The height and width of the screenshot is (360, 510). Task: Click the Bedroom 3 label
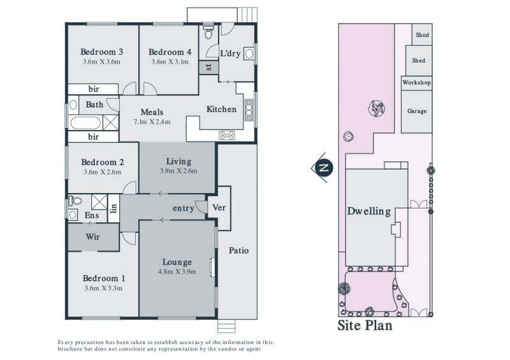(x=101, y=52)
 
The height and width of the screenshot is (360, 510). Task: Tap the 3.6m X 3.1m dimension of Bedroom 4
(x=170, y=62)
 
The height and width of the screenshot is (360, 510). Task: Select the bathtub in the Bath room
(x=85, y=123)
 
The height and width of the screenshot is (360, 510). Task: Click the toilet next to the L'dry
(x=208, y=31)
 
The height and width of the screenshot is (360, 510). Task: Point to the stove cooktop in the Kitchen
(x=227, y=135)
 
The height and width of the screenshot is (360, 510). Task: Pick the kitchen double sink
(x=249, y=110)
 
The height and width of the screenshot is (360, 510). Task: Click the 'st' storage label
(x=208, y=68)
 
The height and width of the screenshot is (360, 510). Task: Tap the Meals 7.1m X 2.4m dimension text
(x=152, y=122)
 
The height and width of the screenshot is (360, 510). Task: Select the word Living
(x=178, y=161)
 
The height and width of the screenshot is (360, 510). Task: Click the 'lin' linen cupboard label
(x=113, y=208)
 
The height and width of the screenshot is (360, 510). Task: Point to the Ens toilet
(x=75, y=200)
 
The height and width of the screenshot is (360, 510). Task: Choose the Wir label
(x=92, y=236)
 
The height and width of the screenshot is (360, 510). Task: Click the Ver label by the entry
(x=219, y=208)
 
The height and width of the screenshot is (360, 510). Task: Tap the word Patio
(x=238, y=250)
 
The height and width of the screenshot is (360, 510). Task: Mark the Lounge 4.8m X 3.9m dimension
(x=177, y=272)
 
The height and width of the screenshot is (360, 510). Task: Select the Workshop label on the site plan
(x=417, y=83)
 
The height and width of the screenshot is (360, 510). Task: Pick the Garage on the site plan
(x=417, y=112)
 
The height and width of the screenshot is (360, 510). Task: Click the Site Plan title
(x=365, y=326)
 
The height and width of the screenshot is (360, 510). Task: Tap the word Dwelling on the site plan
(x=369, y=212)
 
